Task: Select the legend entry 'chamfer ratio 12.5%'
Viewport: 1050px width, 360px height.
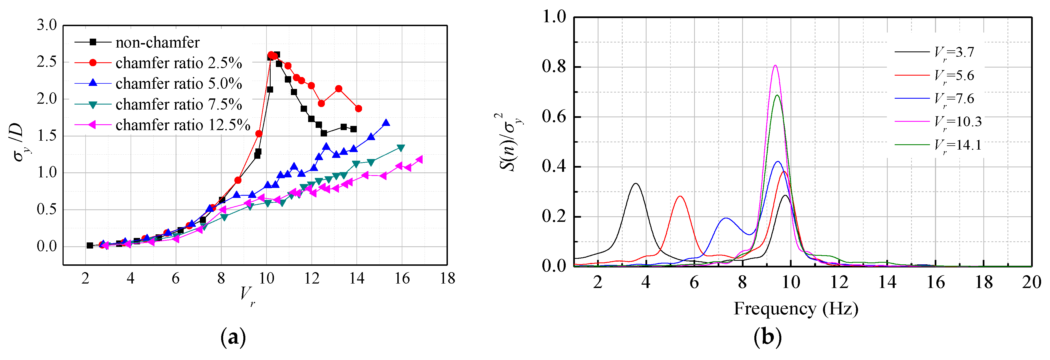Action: coord(183,125)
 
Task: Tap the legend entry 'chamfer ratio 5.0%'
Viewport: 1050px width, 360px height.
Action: coord(179,84)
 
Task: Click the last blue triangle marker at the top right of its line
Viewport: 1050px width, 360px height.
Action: coord(386,123)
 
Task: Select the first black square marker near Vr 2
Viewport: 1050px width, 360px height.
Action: coord(90,245)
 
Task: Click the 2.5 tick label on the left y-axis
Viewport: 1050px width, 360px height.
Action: coord(47,62)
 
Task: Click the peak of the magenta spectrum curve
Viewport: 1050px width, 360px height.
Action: coord(775,65)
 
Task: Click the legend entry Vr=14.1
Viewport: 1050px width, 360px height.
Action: coord(958,145)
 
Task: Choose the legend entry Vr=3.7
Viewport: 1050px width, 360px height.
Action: coord(954,52)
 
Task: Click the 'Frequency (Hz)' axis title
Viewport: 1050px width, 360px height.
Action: coord(796,309)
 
